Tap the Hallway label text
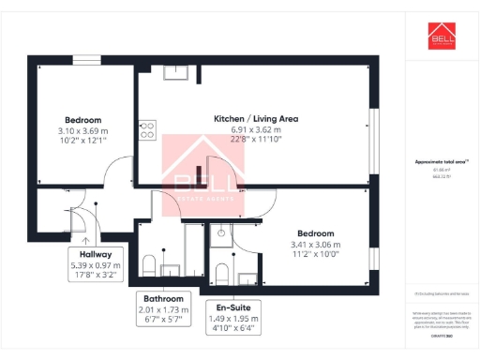click(96, 254)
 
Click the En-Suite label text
click(233, 307)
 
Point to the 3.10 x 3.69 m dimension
click(82, 131)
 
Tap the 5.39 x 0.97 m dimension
click(96, 265)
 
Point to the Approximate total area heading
click(442, 162)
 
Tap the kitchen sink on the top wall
click(174, 72)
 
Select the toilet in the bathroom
click(150, 262)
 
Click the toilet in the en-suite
click(222, 273)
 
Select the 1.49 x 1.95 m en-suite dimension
click(233, 319)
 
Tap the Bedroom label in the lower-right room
click(313, 232)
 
